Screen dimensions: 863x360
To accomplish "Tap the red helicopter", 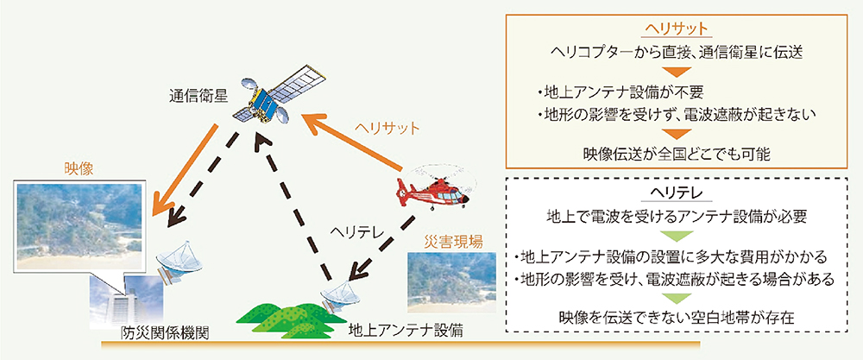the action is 436,191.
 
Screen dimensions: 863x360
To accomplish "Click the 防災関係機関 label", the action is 165,333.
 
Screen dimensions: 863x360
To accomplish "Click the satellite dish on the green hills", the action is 339,296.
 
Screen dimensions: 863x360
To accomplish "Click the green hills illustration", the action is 285,319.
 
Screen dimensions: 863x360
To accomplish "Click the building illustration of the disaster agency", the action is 127,301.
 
